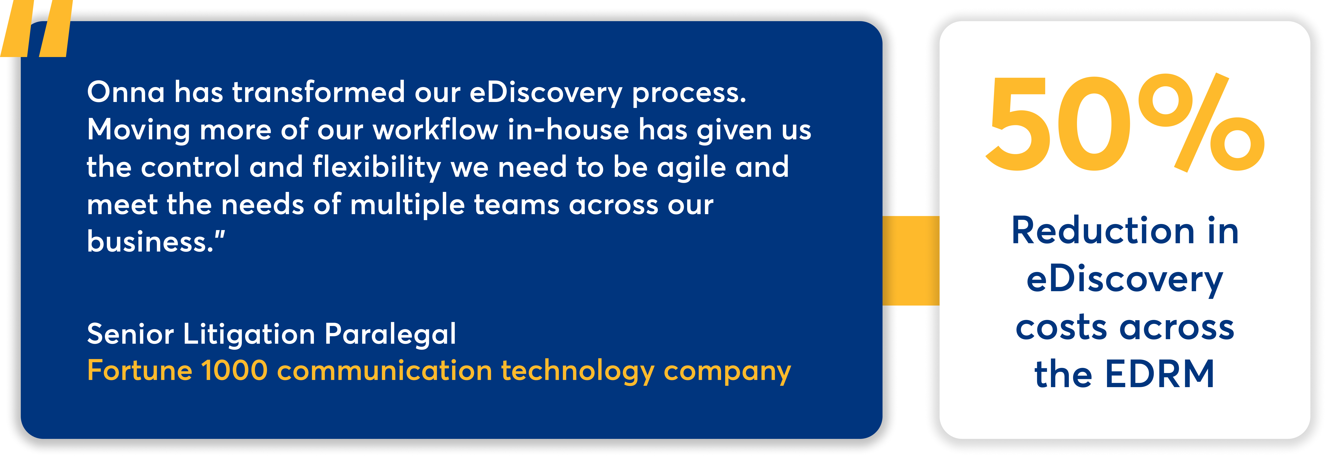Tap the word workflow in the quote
435,130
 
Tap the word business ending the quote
149,242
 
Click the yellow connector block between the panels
911,260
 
